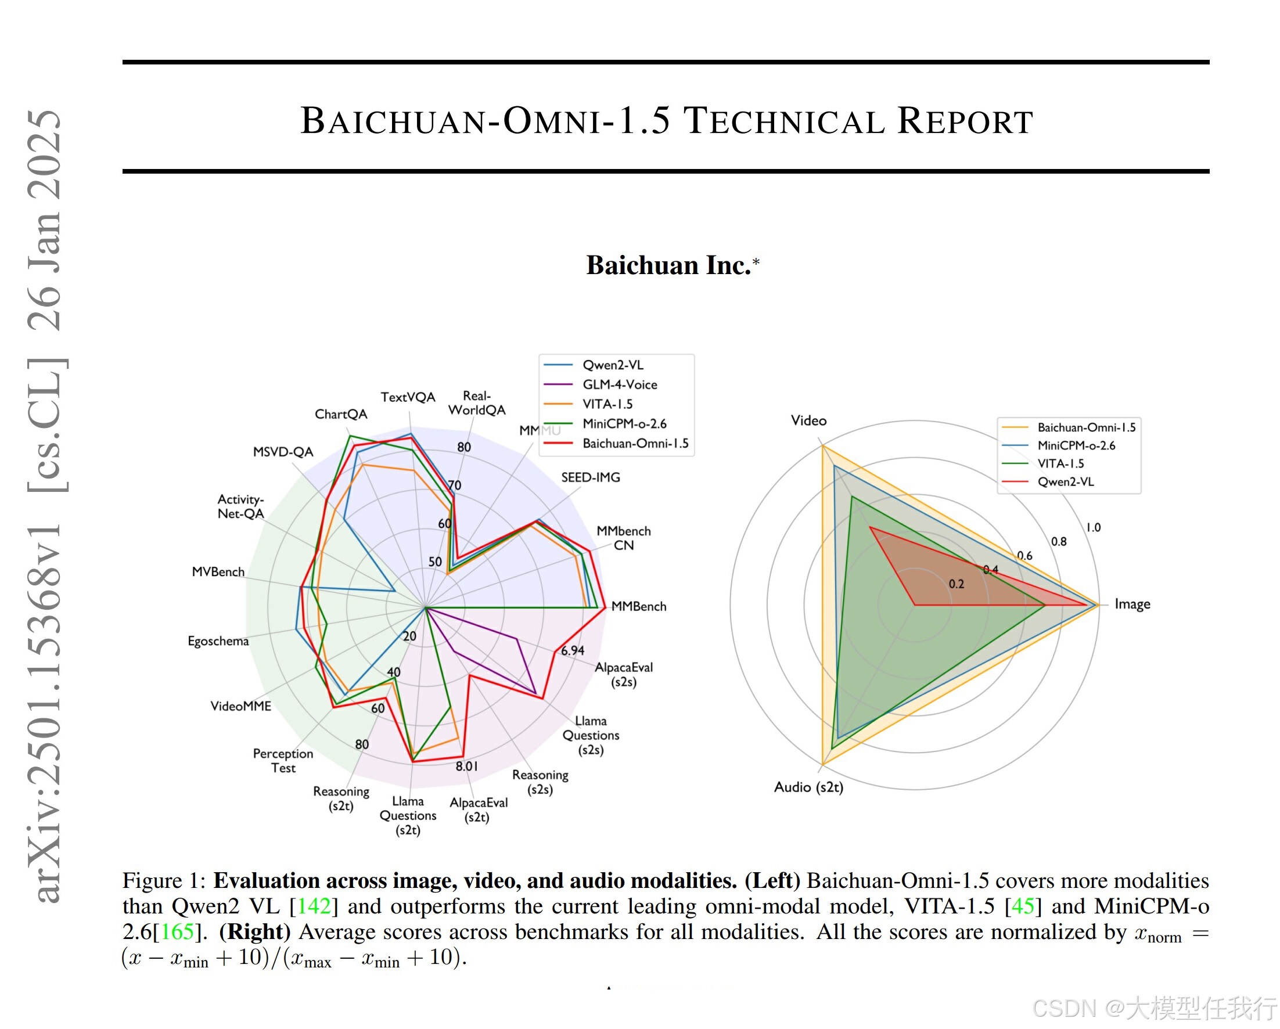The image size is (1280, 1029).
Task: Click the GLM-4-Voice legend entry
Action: coord(619,385)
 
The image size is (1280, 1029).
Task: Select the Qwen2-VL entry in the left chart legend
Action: coord(612,365)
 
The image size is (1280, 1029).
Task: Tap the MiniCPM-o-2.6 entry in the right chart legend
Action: coord(1076,446)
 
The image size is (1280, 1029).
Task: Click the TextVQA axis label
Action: coord(408,397)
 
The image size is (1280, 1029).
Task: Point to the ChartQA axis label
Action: coord(341,415)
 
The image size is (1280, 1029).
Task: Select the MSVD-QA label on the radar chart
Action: coord(283,452)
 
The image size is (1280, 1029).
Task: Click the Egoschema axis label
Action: coord(218,641)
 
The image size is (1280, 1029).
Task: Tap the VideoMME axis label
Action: coord(240,706)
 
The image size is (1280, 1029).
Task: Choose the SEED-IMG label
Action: coord(590,477)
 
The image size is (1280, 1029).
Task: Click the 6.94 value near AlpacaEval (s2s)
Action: coord(572,651)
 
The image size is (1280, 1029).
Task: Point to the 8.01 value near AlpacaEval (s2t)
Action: coord(466,767)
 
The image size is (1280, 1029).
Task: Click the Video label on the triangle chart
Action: coord(808,421)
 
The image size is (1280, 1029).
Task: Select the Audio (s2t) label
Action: coord(808,787)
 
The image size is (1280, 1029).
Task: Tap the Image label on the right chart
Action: coord(1131,605)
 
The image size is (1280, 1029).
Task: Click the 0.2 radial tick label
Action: coord(956,584)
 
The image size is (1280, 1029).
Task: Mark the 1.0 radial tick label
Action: coord(1093,527)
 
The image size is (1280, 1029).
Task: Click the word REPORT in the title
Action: coord(965,121)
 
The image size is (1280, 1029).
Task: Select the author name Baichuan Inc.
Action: coord(668,265)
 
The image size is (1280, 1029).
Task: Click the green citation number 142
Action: coord(314,906)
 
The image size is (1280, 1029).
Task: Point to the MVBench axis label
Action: coord(218,572)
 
